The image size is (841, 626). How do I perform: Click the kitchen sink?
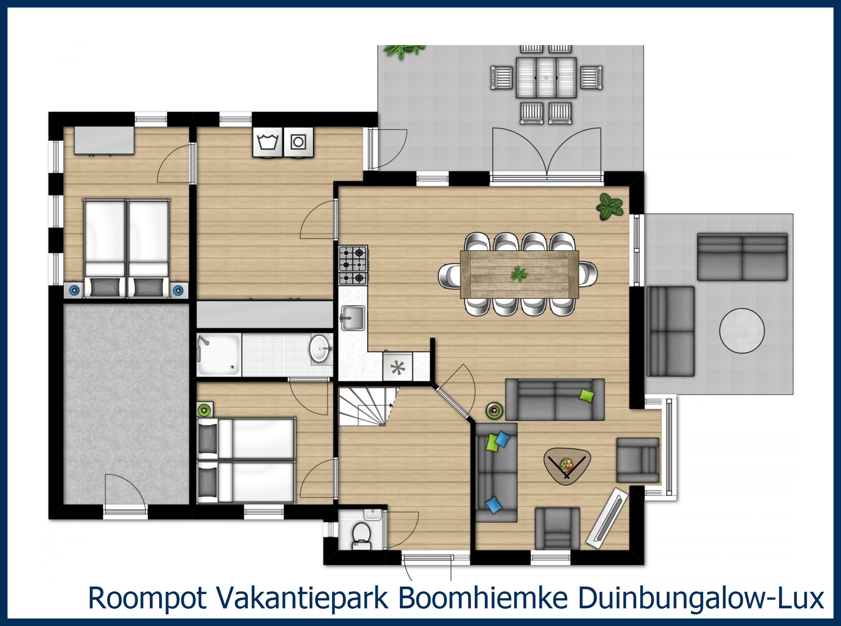tap(353, 318)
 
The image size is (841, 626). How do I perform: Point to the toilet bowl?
tap(361, 535)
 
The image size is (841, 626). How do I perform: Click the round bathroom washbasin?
tap(320, 348)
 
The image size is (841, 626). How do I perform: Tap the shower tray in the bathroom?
tap(219, 355)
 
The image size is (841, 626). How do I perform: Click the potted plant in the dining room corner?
tap(609, 207)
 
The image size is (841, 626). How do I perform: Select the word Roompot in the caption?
tap(147, 598)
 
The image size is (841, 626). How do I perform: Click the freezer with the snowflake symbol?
tap(398, 367)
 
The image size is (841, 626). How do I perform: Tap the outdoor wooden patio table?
tap(546, 77)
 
